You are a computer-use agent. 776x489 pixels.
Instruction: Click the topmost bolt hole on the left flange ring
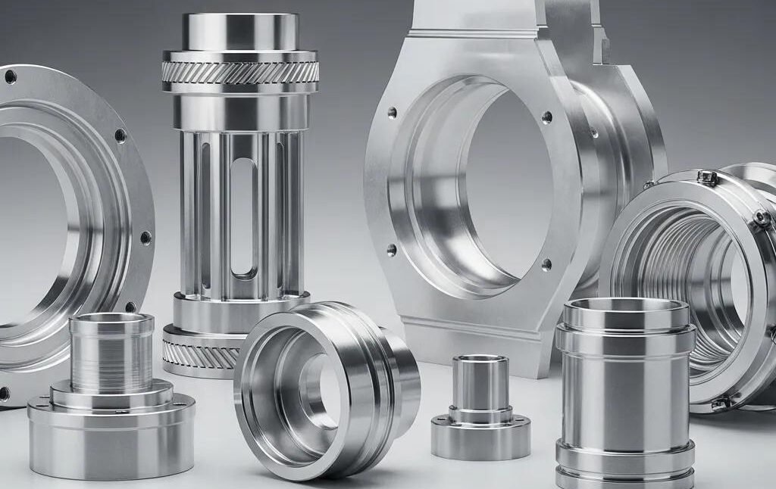[11, 76]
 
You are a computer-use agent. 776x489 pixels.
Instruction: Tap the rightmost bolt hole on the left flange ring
[145, 237]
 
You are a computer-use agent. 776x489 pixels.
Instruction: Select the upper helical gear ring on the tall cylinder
[240, 73]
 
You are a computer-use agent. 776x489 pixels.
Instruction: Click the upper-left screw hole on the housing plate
[392, 114]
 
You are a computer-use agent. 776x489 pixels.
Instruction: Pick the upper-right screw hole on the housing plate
[546, 117]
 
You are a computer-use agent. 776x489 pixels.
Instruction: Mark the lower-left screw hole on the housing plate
[391, 249]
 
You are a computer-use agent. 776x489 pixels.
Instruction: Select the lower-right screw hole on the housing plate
[546, 264]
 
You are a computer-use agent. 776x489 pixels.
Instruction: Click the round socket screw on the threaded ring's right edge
[762, 218]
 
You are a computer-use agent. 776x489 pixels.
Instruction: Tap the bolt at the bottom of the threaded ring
[720, 403]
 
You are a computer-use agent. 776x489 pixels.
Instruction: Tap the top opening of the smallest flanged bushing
[480, 363]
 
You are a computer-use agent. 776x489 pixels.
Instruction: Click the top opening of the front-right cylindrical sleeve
[626, 312]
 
